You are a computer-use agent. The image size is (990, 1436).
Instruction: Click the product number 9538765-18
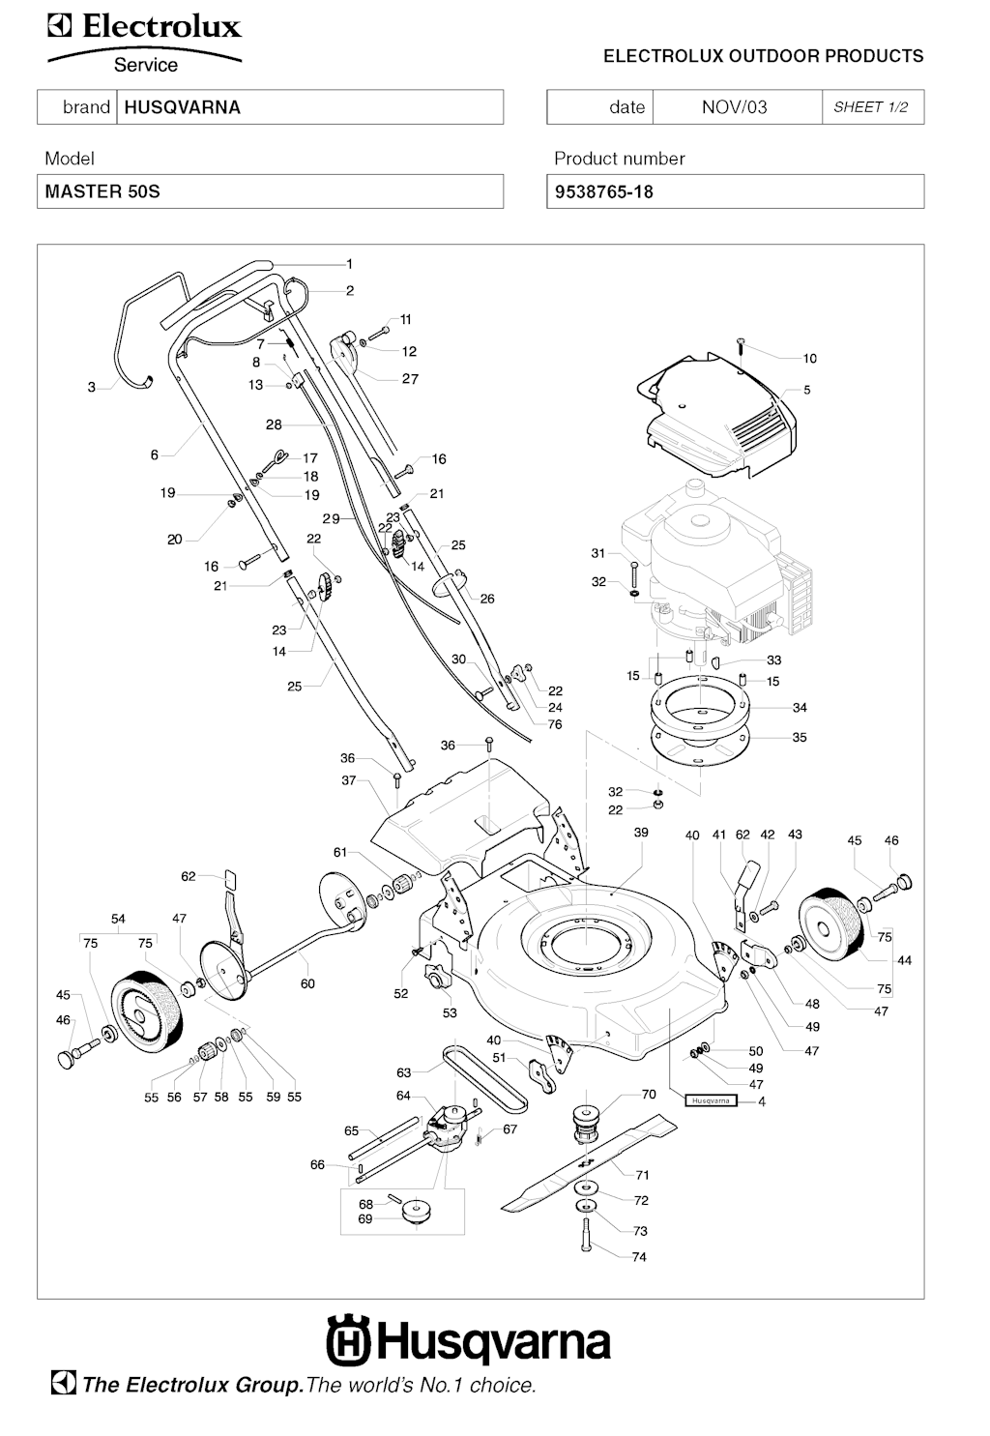click(604, 191)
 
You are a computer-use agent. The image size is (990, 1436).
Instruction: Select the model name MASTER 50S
click(102, 191)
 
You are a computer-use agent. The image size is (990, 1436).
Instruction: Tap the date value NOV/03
click(734, 107)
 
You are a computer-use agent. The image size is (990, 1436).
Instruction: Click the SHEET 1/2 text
click(870, 107)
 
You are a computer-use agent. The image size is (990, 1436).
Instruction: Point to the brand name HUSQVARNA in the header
click(182, 107)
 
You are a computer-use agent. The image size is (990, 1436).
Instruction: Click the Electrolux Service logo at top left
click(145, 44)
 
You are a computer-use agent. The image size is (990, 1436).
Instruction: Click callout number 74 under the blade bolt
click(639, 1257)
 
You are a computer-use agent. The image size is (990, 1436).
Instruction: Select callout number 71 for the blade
click(642, 1175)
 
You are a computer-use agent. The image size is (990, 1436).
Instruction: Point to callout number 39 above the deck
click(641, 833)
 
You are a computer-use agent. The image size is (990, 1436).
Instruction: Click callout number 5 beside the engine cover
click(806, 391)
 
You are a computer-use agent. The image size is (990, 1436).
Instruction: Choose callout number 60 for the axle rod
click(307, 983)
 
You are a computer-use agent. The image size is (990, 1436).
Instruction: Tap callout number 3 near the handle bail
click(92, 387)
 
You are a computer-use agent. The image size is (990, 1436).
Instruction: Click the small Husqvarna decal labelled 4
click(711, 1100)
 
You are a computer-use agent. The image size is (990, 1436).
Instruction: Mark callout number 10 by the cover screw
click(809, 359)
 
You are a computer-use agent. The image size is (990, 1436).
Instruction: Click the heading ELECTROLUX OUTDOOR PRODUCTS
click(763, 56)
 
